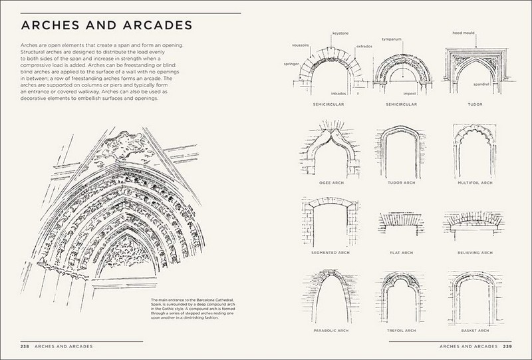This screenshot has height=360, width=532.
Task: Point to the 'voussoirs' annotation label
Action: [x=301, y=45]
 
